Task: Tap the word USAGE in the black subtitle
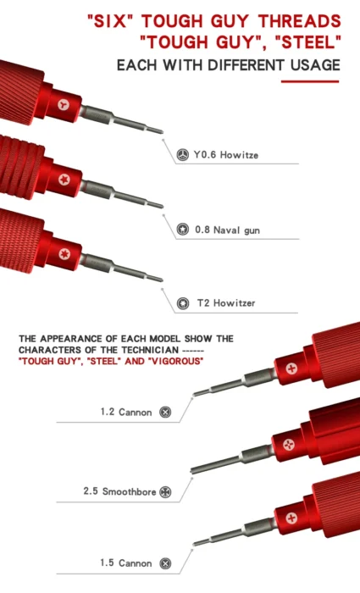tap(315, 65)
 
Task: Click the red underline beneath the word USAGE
tap(310, 81)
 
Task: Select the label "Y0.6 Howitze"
tap(226, 155)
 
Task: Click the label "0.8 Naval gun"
tap(227, 230)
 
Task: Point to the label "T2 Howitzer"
tap(226, 303)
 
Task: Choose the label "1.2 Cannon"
tap(126, 412)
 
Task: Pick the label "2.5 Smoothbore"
tap(119, 491)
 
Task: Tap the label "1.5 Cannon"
tap(126, 563)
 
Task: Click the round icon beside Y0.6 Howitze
tap(183, 155)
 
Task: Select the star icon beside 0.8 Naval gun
tap(183, 230)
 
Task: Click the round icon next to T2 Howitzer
tap(183, 303)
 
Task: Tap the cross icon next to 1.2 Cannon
tap(165, 412)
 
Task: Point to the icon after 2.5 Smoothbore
tap(165, 492)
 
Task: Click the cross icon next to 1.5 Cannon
tap(165, 563)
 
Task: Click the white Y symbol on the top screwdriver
tap(64, 105)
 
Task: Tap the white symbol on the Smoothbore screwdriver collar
tap(289, 445)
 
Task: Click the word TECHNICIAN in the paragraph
tap(150, 350)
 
